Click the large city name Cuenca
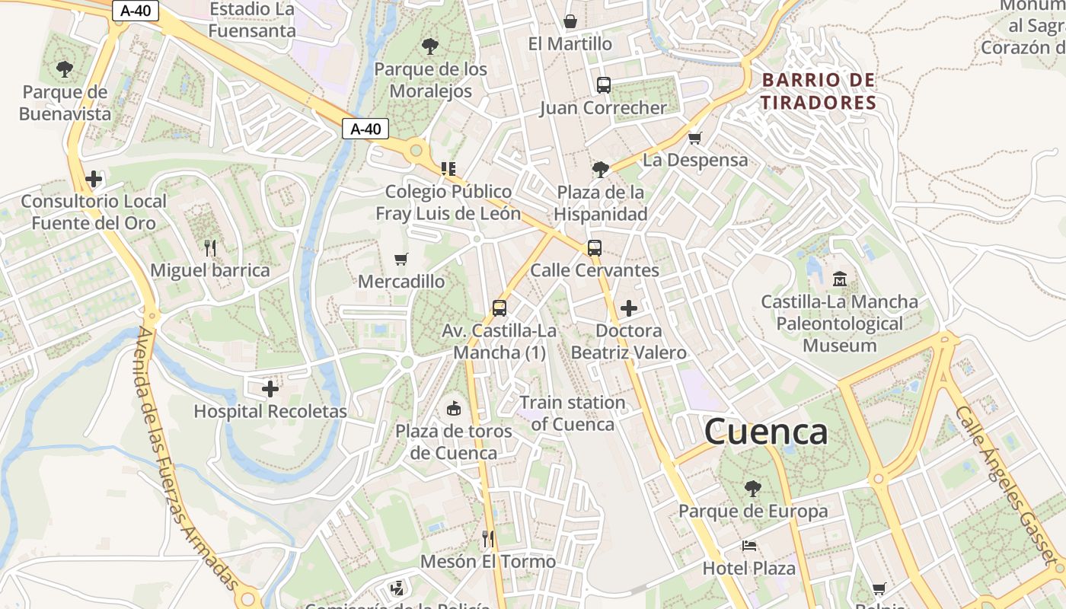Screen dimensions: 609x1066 point(765,432)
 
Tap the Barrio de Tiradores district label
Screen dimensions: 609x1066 point(819,91)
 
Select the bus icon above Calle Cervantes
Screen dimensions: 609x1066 point(594,247)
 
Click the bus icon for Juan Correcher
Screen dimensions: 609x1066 point(603,84)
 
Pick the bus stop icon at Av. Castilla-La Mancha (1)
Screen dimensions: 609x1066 point(499,308)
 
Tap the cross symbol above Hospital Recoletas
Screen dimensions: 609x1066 point(270,389)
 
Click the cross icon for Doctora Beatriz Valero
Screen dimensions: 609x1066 point(629,308)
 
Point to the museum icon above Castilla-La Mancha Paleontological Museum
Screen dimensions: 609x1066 point(840,279)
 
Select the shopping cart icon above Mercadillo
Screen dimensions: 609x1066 point(401,259)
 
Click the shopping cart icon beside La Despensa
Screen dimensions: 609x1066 point(694,138)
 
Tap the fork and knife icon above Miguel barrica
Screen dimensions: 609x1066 point(210,247)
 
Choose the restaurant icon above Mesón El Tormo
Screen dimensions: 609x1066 point(488,539)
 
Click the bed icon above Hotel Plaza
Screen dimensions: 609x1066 point(749,546)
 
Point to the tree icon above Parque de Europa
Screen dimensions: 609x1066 point(753,488)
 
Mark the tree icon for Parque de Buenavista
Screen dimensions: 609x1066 point(65,69)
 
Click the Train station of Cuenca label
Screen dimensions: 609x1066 point(573,413)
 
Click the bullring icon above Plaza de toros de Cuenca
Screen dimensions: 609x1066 point(454,409)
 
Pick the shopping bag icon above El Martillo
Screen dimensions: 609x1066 point(570,21)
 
